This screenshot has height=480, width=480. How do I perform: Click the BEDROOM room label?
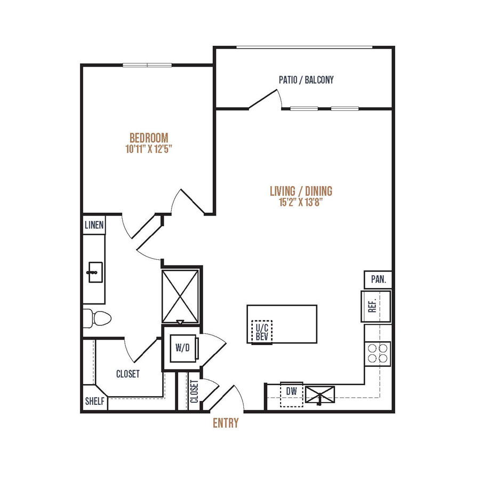[x=149, y=138]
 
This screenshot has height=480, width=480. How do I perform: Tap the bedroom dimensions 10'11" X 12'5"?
[x=149, y=149]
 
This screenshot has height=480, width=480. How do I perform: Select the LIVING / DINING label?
[x=301, y=191]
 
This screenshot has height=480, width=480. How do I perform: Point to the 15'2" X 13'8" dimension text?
[x=301, y=202]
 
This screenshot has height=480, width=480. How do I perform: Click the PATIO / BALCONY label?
[x=306, y=80]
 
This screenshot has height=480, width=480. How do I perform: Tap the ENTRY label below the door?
[x=226, y=423]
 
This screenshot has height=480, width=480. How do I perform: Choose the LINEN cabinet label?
[x=94, y=225]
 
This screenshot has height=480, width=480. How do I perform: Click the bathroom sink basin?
[x=95, y=272]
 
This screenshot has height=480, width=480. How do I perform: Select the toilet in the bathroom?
[x=98, y=318]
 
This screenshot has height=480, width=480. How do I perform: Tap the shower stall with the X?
[x=180, y=297]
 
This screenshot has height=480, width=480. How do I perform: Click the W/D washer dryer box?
[x=183, y=348]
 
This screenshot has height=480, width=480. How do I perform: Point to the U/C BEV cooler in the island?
[x=262, y=332]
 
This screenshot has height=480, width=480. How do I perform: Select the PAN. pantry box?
[x=378, y=279]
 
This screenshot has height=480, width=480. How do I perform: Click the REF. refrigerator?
[x=375, y=306]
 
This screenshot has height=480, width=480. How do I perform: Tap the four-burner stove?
[x=378, y=353]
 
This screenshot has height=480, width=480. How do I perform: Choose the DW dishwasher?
[x=292, y=394]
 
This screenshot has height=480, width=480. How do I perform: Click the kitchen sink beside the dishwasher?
[x=320, y=394]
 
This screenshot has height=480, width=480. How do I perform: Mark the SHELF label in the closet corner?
[x=94, y=401]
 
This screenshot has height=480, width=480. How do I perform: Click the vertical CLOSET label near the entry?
[x=194, y=391]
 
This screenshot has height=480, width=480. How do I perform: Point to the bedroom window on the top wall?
[x=147, y=65]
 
